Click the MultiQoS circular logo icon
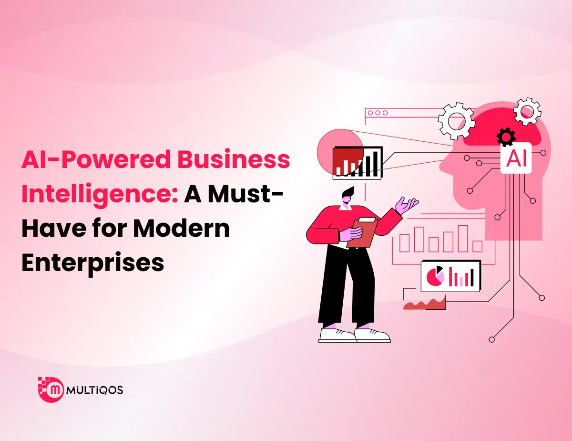point(51,390)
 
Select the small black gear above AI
point(505,137)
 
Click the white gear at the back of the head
point(527,111)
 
